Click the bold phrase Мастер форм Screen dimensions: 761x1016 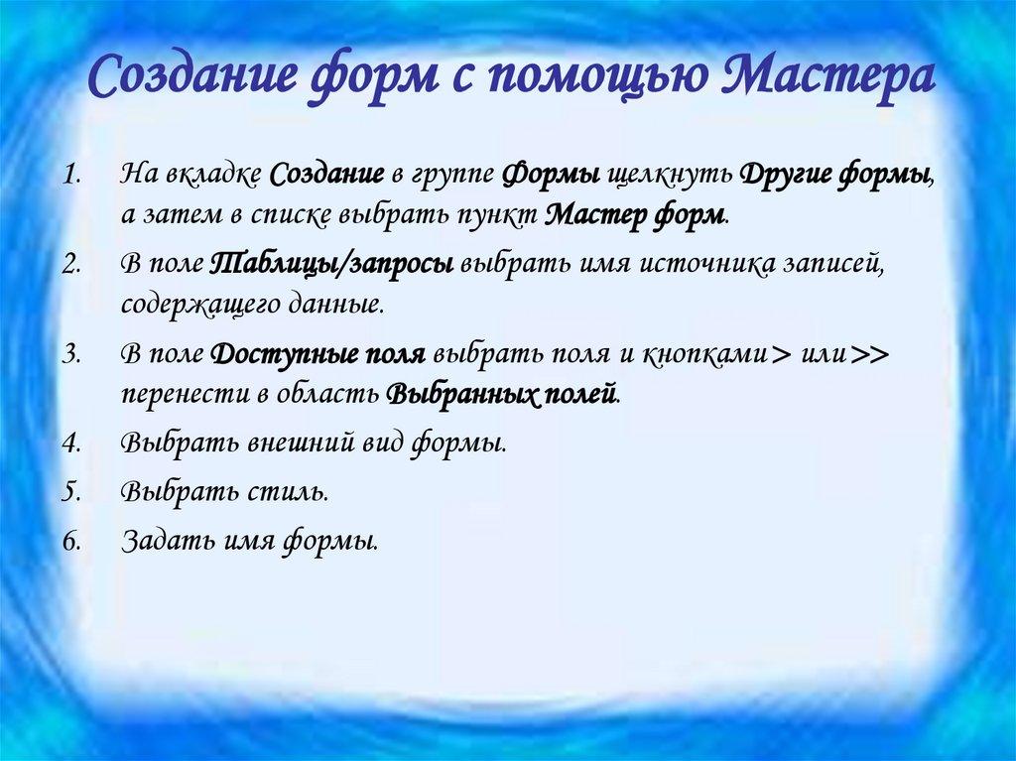click(x=636, y=212)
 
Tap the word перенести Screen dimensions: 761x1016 click(x=181, y=393)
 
